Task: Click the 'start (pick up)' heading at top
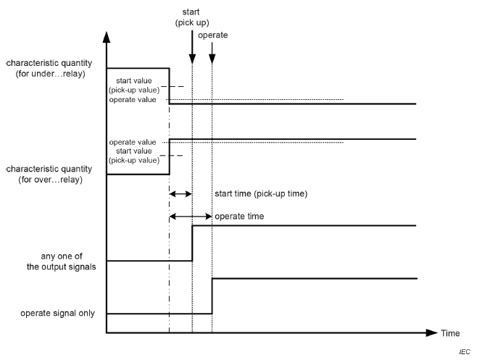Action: (191, 16)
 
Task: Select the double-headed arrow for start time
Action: (180, 194)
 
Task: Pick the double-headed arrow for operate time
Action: (190, 216)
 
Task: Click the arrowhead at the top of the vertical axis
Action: (107, 36)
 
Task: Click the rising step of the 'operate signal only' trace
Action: (212, 296)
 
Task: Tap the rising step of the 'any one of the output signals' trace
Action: (192, 243)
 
